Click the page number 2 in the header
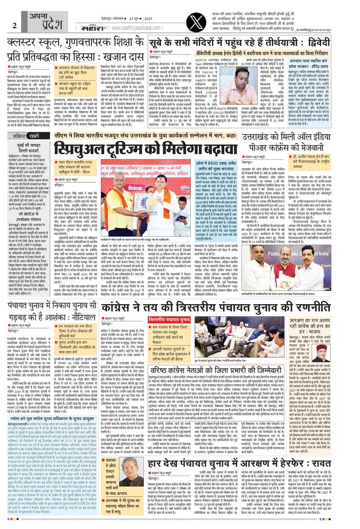click(x=15, y=25)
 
